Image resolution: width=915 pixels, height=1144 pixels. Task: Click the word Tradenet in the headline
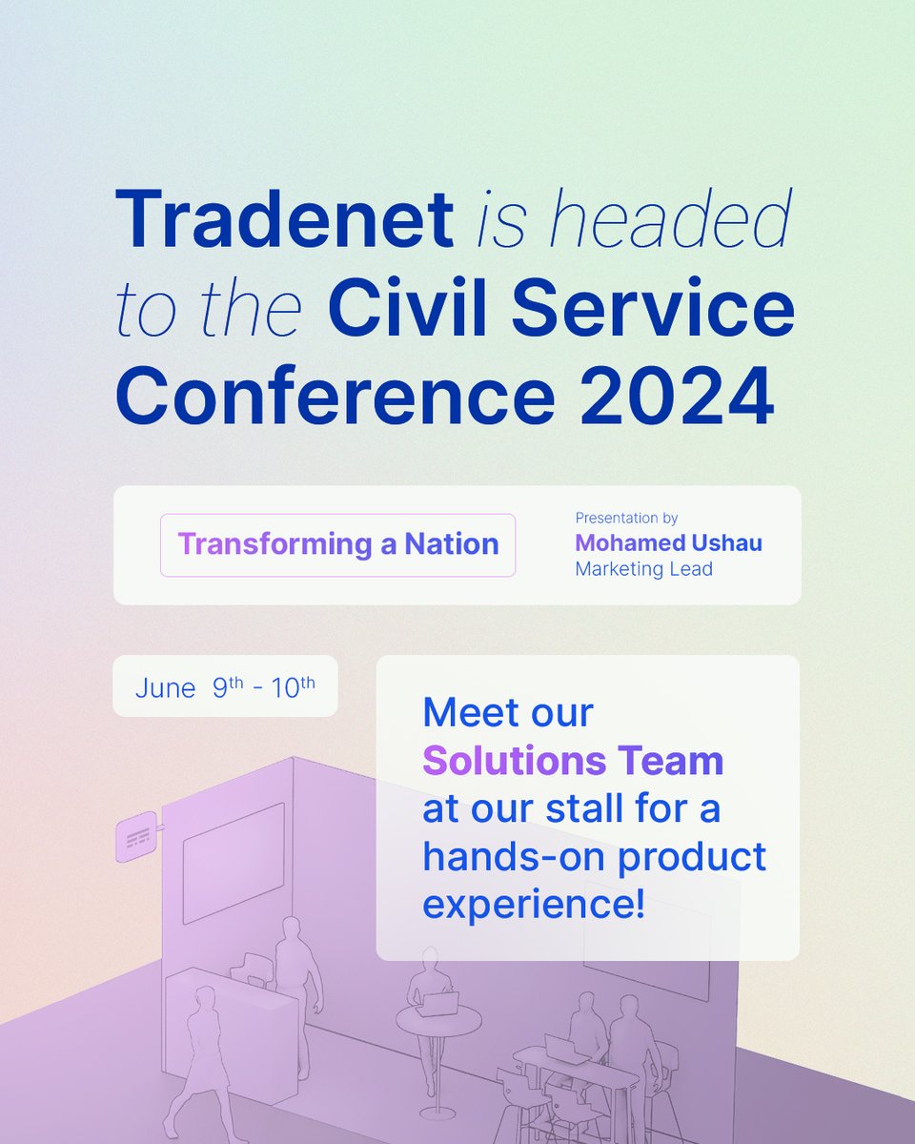tap(283, 218)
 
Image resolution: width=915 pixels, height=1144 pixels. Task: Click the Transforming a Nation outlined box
tap(337, 544)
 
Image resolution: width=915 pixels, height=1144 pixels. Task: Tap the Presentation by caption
tap(626, 519)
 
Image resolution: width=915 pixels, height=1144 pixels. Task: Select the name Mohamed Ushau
tap(668, 543)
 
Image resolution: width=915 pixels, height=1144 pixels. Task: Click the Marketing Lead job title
tap(643, 569)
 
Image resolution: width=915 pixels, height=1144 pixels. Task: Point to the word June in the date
tap(165, 687)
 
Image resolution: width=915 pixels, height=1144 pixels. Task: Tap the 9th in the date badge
tap(227, 686)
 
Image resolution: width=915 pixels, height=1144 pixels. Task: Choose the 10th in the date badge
tap(293, 686)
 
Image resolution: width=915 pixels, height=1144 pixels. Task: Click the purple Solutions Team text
tap(573, 761)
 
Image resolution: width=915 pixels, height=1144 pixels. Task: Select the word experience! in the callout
tap(533, 904)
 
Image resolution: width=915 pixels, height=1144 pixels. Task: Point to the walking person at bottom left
tap(201, 1049)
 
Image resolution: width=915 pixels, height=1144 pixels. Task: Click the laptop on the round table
tap(439, 1003)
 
